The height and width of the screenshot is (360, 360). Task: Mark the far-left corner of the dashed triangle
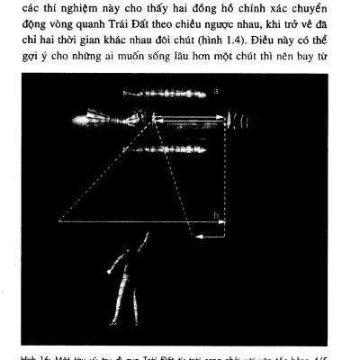pos(59,220)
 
